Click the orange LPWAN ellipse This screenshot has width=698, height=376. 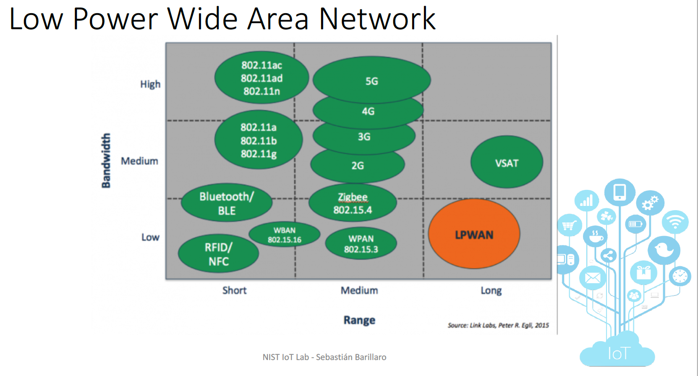point(474,234)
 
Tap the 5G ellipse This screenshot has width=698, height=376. point(372,81)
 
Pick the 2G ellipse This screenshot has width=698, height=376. point(357,165)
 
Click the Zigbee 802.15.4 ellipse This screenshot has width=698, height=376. point(353,203)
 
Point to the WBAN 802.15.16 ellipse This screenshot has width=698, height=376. point(284,235)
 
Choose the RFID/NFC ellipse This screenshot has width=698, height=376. point(218,254)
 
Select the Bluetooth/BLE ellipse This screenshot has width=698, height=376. point(227,203)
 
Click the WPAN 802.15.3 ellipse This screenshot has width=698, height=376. point(361,244)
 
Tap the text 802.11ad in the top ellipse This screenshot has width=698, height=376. point(262,78)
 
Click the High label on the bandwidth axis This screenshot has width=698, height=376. point(150,84)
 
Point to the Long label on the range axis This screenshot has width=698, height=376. point(490,290)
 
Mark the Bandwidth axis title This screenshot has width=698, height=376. point(106,161)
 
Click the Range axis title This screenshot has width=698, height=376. point(359,320)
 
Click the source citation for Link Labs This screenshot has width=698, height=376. point(498,325)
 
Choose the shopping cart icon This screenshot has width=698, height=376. point(567,226)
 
